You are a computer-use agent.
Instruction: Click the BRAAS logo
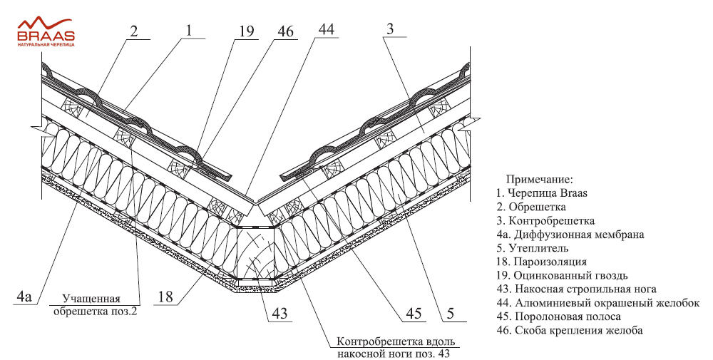pos(46,32)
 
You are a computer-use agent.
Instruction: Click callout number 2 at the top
pos(133,31)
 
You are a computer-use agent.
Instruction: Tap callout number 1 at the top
pos(190,30)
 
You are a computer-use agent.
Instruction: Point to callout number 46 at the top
pos(284,31)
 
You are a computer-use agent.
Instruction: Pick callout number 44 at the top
pos(326,29)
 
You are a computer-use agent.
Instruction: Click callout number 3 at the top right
pos(389,29)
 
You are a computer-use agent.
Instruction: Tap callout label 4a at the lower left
pos(24,297)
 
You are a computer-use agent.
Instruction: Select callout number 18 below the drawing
pos(165,297)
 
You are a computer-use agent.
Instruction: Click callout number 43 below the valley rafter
pos(279,314)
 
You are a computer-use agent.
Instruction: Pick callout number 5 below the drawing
pos(450,314)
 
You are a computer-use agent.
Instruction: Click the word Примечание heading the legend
pos(540,180)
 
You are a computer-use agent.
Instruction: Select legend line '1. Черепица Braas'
pos(542,193)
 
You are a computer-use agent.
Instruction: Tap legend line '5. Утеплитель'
pos(532,248)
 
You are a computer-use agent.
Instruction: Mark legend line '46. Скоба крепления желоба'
pos(569,331)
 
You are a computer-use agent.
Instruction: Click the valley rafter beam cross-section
pos(255,253)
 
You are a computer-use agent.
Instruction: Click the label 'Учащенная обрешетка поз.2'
pos(95,305)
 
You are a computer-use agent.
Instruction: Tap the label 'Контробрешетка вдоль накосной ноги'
pos(395,348)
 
